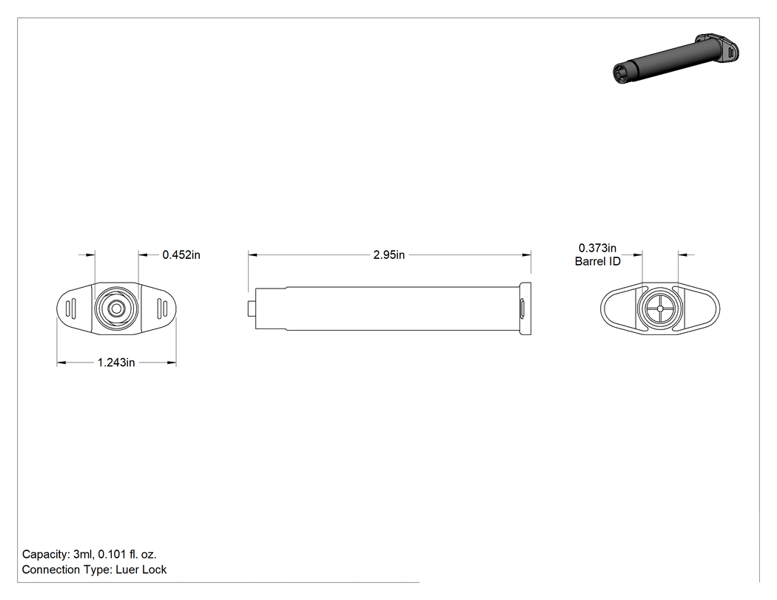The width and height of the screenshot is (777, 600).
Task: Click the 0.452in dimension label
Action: [181, 255]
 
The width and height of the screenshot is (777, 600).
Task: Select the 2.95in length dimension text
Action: [389, 255]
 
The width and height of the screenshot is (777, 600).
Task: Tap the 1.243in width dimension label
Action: [116, 363]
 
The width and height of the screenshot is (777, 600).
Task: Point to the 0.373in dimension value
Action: [598, 248]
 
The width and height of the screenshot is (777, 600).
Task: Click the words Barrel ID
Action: [598, 261]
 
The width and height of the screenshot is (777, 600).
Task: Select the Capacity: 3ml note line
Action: [90, 554]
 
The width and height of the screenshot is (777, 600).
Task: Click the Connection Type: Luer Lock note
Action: [94, 570]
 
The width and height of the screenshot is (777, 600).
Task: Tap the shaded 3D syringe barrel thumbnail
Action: [676, 58]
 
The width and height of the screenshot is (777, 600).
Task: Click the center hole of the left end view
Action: [116, 309]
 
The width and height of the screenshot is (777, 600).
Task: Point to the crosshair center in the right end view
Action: [660, 309]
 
